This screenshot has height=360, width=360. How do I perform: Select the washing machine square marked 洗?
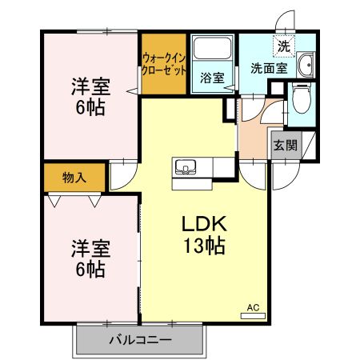(284, 46)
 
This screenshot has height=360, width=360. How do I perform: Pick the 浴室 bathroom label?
(211, 79)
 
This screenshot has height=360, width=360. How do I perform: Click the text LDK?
(203, 225)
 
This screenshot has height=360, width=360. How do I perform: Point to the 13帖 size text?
(203, 246)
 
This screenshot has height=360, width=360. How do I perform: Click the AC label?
(253, 307)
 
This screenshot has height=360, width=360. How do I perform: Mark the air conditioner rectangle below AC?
(253, 316)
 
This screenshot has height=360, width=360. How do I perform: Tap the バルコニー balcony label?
(140, 340)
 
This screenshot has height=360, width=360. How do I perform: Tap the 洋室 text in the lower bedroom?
(90, 247)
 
